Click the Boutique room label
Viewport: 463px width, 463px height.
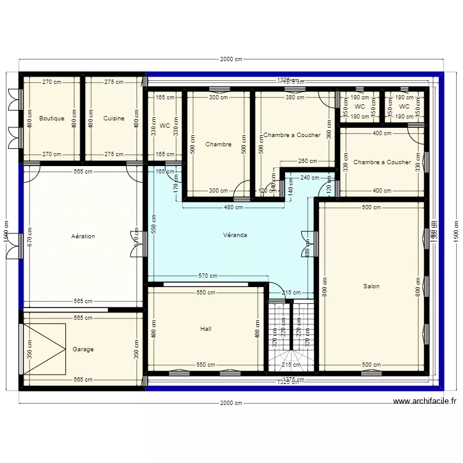coord(51,119)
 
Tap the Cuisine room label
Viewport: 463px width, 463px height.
coord(114,119)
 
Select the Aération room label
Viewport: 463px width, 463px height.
coord(83,236)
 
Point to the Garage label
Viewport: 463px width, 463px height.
coord(83,349)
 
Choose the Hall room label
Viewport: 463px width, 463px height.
coord(206,329)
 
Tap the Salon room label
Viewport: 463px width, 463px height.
coord(371,286)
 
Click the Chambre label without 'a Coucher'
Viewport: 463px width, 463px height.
coord(219,144)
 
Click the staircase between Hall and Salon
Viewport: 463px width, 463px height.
coord(291,336)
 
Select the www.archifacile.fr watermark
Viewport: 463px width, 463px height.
coord(425,401)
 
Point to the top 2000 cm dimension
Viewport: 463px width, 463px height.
coord(231,59)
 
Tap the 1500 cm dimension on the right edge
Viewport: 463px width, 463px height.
coord(456,231)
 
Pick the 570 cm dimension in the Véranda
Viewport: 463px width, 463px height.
coord(207,276)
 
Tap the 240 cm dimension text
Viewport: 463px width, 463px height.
coord(309,178)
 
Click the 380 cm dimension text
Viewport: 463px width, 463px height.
coord(294,98)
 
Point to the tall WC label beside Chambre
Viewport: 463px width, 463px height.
coord(164,126)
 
